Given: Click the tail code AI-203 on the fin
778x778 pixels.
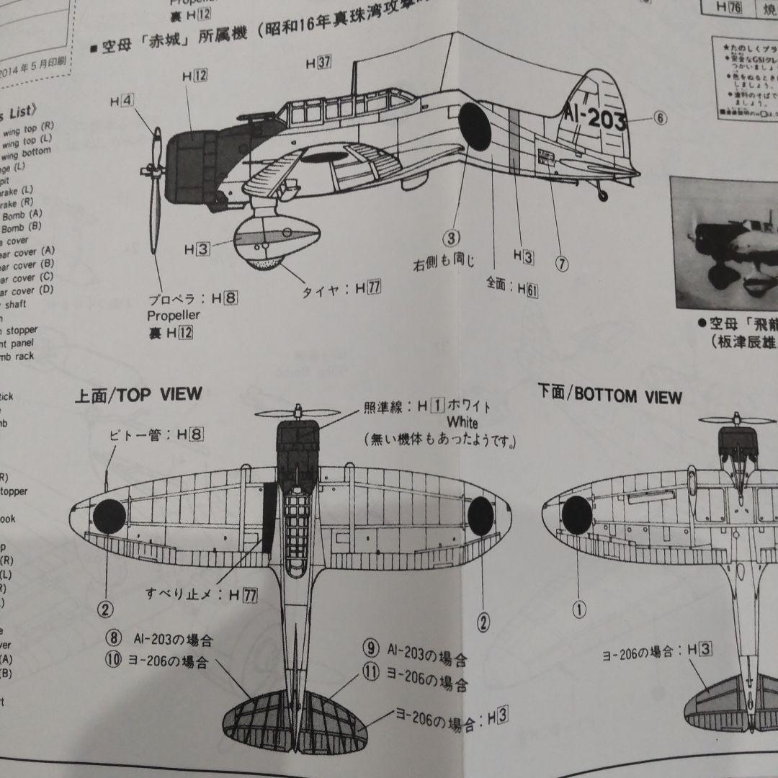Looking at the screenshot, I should pos(594,117).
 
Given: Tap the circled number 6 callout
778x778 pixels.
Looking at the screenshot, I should pos(661,118).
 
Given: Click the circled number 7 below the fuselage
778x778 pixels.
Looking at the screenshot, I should pos(561,264).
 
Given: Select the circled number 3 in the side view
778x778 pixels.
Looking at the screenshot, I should pos(451,238).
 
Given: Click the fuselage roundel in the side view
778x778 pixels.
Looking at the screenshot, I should pos(475,126).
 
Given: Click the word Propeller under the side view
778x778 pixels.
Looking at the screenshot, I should pos(174,316).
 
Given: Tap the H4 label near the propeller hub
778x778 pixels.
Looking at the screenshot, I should pos(121,102).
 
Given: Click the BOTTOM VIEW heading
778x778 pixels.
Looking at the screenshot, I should pos(609,395).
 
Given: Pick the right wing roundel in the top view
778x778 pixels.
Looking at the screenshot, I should pos(480,513).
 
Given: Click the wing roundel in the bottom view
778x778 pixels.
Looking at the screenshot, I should pos(576,514).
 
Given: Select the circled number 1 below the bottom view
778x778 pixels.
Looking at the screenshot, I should pos(579,609).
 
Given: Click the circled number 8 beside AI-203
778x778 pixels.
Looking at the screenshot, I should pos(114,638).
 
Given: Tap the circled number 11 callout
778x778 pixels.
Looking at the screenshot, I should pos(370,673).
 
